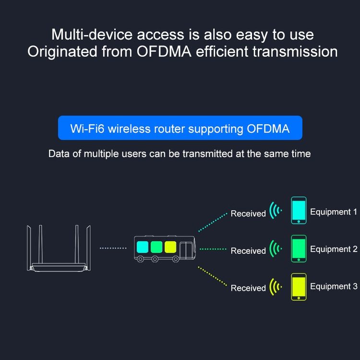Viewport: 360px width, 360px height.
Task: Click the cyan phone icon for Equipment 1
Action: click(x=299, y=210)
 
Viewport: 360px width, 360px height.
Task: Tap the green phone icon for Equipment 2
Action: click(x=299, y=249)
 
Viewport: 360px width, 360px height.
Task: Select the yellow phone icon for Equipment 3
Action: click(x=299, y=287)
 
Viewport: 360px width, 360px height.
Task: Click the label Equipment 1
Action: click(x=334, y=212)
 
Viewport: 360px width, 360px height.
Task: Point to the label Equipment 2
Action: click(x=334, y=249)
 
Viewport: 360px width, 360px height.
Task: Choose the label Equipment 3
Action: click(x=334, y=286)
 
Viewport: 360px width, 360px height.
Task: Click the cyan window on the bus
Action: click(x=143, y=247)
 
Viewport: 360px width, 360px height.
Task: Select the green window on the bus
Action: click(x=156, y=247)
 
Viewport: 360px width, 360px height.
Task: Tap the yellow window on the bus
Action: click(x=170, y=247)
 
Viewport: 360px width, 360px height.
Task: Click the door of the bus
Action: click(x=185, y=250)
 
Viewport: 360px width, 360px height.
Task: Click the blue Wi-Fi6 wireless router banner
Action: click(x=180, y=128)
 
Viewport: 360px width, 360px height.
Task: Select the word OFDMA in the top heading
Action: click(x=164, y=51)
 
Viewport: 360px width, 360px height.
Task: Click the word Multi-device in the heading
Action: click(x=92, y=35)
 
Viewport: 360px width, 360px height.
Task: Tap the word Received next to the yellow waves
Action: click(x=248, y=288)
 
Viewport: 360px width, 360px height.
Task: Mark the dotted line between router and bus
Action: click(x=113, y=248)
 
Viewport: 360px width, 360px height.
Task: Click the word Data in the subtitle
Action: click(x=59, y=154)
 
